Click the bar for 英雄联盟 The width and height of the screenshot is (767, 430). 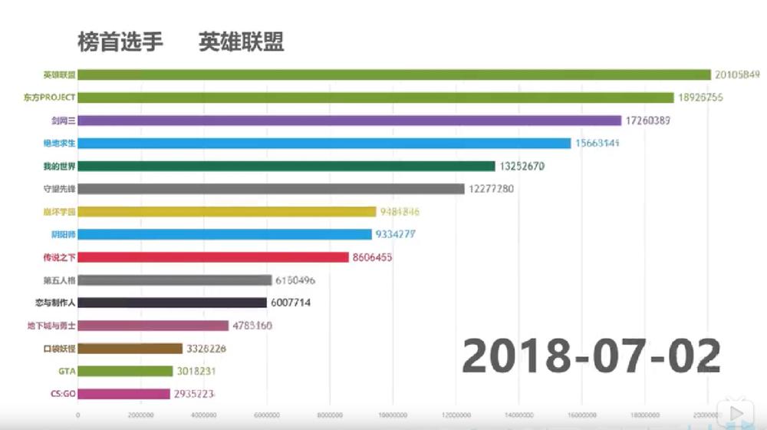(x=394, y=74)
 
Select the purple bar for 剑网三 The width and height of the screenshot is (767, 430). (x=350, y=121)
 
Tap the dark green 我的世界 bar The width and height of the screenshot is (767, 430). (x=287, y=166)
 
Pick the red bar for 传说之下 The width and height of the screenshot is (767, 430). (x=213, y=257)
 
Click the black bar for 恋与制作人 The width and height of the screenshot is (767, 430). (x=173, y=303)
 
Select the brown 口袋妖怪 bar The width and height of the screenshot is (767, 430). (x=130, y=349)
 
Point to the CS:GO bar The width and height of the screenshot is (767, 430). (x=124, y=394)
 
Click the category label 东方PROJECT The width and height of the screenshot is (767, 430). (x=50, y=98)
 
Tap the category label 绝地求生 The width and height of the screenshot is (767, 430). (x=60, y=143)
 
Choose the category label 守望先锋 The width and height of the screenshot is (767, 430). (x=60, y=189)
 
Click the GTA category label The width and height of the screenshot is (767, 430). (x=67, y=371)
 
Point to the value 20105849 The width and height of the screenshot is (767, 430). (x=736, y=74)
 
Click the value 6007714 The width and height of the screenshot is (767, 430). (x=291, y=303)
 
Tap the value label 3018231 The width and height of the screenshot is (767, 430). (x=199, y=371)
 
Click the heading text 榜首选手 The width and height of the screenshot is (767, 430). (x=120, y=41)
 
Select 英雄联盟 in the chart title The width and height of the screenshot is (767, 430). (x=242, y=41)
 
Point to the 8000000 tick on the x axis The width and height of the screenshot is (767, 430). (x=330, y=415)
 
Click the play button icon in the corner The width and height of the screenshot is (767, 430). (x=736, y=414)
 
